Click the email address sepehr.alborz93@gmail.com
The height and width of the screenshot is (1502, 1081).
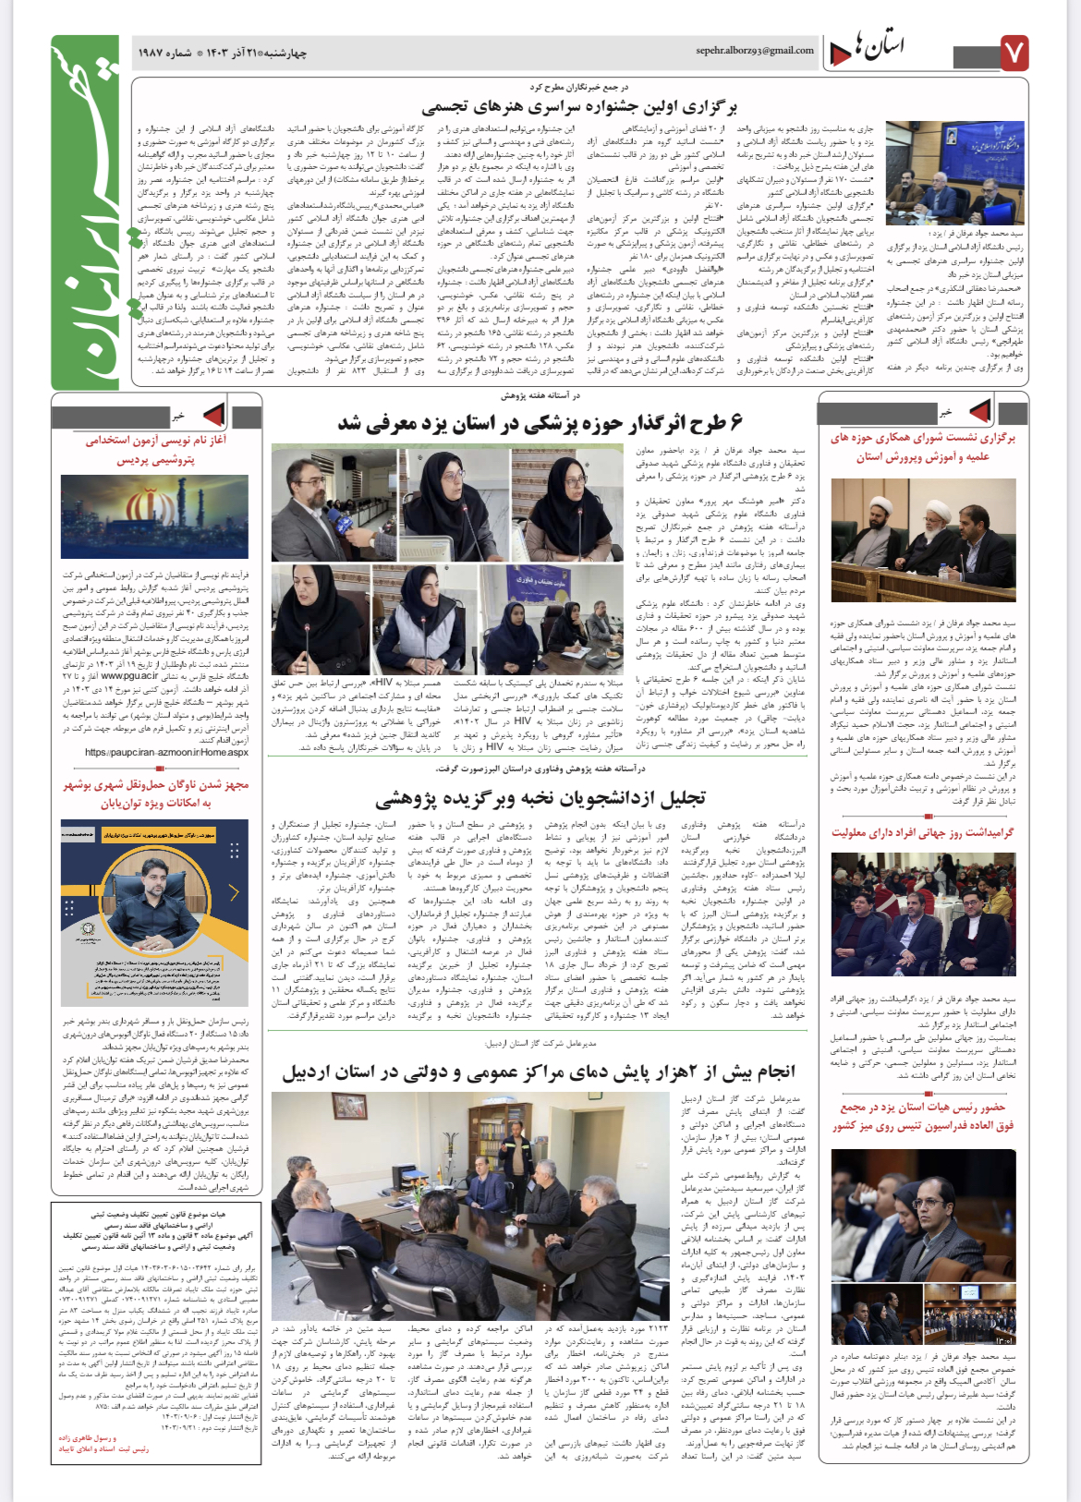tap(754, 51)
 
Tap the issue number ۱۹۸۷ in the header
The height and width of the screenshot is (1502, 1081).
tap(155, 53)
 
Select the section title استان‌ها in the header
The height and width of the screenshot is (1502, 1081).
tap(880, 47)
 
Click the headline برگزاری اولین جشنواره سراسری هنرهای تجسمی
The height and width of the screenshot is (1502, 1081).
tap(579, 107)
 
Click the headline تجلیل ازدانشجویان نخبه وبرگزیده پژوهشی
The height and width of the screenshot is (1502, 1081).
tap(540, 798)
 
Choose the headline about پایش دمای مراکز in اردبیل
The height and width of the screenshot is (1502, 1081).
tap(539, 1072)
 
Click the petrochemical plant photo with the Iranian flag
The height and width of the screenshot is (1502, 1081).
tap(154, 517)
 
